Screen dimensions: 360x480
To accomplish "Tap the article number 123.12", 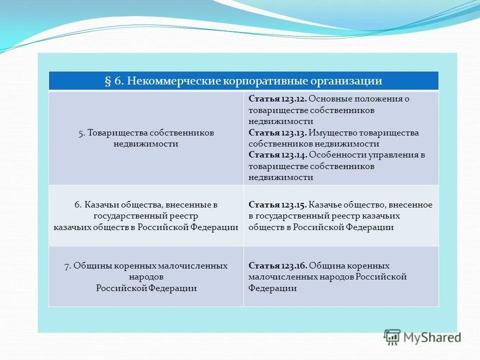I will (294, 99).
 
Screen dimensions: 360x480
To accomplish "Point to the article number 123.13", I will (294, 133).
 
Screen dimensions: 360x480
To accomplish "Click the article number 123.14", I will (294, 155).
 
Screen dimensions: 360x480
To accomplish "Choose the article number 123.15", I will (294, 205).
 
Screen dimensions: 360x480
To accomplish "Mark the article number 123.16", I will (294, 266).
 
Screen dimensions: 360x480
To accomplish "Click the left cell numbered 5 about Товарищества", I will (146, 138).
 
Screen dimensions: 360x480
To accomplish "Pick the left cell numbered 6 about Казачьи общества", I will (146, 216).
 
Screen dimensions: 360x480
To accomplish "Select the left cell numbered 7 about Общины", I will (146, 277).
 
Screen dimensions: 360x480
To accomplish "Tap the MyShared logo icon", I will (392, 337).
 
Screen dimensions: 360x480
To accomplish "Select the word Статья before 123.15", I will (264, 205).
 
